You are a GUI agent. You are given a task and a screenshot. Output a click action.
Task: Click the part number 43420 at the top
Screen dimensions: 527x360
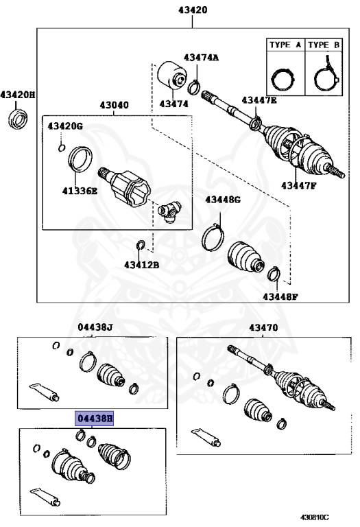coord(193,10)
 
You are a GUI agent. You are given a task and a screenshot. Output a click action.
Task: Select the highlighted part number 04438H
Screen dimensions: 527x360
coord(95,417)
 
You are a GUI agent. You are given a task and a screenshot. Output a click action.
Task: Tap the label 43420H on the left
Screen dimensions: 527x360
coord(18,95)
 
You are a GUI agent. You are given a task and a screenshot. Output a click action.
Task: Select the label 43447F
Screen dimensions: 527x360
coord(299,185)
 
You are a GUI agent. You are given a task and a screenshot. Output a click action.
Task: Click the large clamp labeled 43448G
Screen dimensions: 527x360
coord(214,236)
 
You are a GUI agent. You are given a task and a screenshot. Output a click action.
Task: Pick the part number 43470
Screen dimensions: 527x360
coord(264,327)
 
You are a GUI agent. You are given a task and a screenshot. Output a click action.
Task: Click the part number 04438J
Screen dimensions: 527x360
coord(95,327)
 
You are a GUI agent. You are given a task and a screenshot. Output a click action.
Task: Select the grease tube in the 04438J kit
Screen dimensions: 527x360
coord(43,391)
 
